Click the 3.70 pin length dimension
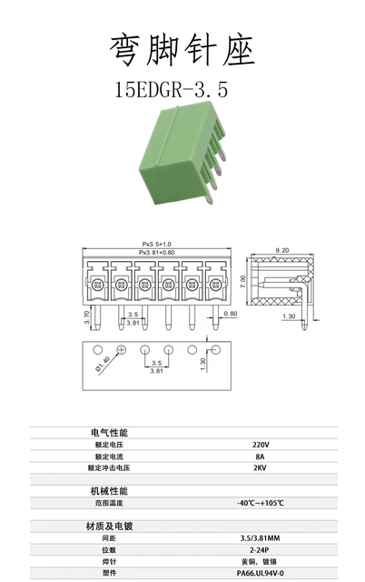(x=86, y=316)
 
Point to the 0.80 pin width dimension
(x=231, y=314)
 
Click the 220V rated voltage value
(x=261, y=445)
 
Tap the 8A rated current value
(x=261, y=457)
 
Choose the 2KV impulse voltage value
(x=261, y=468)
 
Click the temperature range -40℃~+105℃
(x=261, y=503)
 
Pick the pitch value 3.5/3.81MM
(x=261, y=538)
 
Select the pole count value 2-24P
(x=261, y=550)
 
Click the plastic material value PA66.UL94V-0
(x=261, y=574)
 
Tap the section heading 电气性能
(x=109, y=432)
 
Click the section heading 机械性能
(x=109, y=491)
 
